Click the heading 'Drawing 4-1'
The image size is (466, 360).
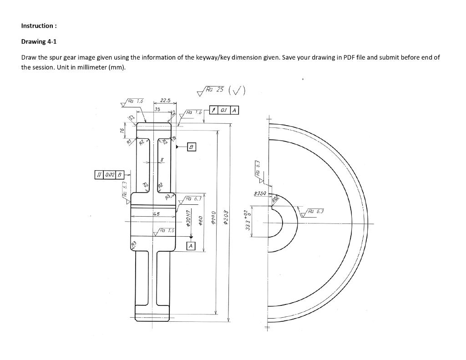[x=39, y=41]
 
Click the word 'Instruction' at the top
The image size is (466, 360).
[x=37, y=25]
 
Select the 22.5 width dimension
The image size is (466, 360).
[x=165, y=101]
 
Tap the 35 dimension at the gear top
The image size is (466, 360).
[x=157, y=109]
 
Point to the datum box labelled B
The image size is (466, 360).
[x=192, y=147]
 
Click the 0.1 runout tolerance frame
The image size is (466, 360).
[x=224, y=110]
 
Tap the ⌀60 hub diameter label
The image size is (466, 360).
[x=200, y=220]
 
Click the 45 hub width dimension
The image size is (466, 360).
[x=156, y=213]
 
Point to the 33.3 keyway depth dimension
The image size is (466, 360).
[x=247, y=220]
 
